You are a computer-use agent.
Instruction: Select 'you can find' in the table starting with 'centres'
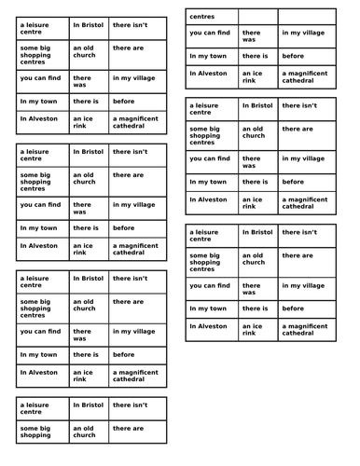click(210, 33)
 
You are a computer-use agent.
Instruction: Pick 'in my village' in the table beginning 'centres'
click(302, 33)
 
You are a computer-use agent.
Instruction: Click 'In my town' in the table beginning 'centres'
click(207, 56)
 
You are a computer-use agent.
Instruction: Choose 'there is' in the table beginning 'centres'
click(255, 56)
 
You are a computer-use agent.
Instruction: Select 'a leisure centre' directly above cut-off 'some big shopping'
click(35, 408)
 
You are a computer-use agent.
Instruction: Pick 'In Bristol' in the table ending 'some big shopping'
click(88, 404)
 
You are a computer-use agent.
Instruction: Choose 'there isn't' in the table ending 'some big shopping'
click(130, 404)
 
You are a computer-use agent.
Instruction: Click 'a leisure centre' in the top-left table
click(35, 28)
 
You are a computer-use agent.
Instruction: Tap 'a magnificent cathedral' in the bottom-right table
click(304, 330)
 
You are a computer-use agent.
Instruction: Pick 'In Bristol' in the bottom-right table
click(257, 232)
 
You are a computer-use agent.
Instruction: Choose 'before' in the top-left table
click(123, 101)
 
